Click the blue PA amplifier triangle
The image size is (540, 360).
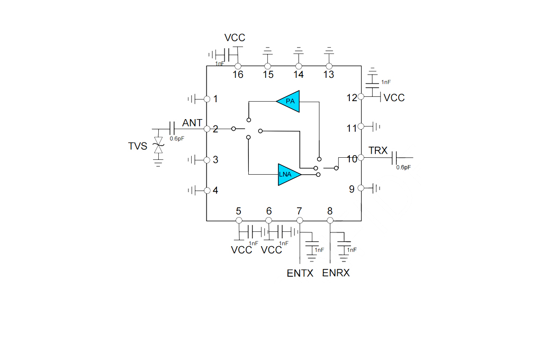[289, 101]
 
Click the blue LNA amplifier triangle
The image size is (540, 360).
[289, 174]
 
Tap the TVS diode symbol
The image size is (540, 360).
[158, 145]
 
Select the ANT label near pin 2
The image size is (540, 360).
[192, 123]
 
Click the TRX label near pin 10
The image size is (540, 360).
[378, 150]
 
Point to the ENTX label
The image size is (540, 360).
[300, 273]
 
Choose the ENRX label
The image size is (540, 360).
[336, 273]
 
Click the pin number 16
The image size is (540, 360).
[238, 75]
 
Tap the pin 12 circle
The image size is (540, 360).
[361, 97]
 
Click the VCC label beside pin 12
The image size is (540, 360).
[394, 98]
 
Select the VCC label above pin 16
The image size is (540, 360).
[235, 38]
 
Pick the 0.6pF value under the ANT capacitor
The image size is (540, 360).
[177, 139]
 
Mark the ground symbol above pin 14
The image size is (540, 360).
[299, 51]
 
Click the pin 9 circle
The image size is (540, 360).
[361, 188]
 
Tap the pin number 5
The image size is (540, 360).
[238, 211]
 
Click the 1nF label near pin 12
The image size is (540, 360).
[386, 82]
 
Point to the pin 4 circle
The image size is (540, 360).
[207, 191]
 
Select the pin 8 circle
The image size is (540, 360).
[330, 220]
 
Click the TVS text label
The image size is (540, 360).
[138, 146]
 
